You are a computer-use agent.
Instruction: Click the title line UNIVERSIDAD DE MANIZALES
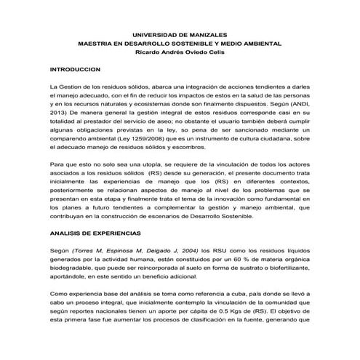click(x=179, y=34)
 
